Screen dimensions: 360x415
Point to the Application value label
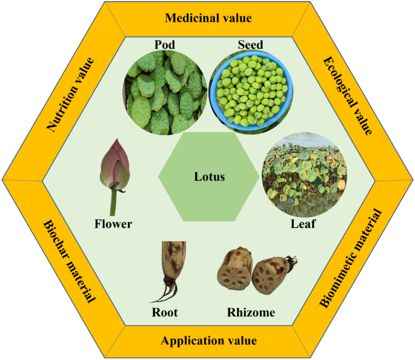point(208,341)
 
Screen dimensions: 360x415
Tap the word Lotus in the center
point(209,177)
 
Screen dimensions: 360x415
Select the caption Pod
point(165,45)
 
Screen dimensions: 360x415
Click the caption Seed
point(250,45)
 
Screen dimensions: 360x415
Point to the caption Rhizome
point(251,313)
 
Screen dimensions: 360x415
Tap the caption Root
point(165,313)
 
